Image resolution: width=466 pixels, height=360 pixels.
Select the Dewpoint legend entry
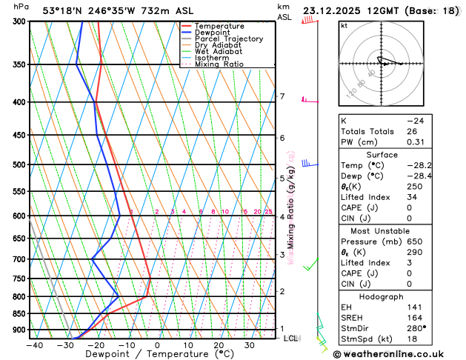(x=215, y=33)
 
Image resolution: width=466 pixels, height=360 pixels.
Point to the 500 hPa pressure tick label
(x=19, y=164)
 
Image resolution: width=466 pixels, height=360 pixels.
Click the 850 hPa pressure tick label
(x=19, y=313)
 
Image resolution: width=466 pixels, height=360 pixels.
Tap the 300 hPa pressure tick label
(x=19, y=21)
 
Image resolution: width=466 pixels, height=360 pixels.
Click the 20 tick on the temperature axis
(x=219, y=344)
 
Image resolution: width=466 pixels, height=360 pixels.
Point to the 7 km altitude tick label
(x=282, y=97)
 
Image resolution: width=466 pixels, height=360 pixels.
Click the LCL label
(x=290, y=338)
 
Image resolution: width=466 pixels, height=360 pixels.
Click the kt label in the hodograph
(x=344, y=25)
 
